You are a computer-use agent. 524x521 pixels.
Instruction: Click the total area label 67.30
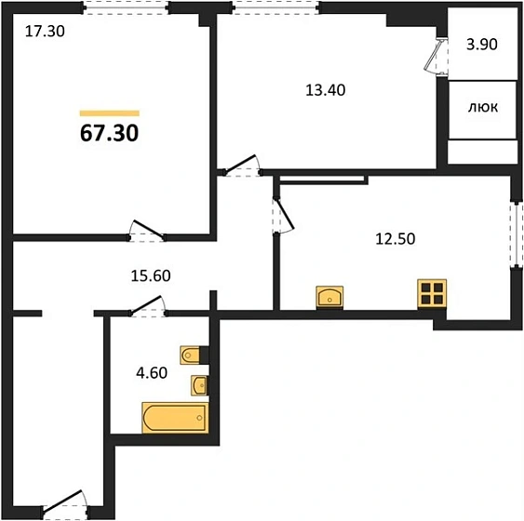109,133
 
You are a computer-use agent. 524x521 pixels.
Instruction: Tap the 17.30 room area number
45,32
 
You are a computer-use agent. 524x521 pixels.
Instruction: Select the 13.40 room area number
326,90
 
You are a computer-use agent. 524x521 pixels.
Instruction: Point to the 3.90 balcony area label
482,44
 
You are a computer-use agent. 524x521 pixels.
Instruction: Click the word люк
483,108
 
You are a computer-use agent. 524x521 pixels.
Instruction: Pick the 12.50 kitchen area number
396,239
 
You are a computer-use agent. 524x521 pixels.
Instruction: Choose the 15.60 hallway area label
151,276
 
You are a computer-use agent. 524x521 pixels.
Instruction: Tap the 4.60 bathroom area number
152,373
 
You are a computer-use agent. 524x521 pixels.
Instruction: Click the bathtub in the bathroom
175,418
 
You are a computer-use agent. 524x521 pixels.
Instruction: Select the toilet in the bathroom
190,354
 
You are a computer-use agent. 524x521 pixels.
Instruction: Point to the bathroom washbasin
199,385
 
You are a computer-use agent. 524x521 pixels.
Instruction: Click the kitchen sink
329,297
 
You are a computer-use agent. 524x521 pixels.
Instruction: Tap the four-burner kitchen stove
432,293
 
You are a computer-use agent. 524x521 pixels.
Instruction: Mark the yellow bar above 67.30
110,114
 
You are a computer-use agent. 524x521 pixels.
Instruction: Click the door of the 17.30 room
146,231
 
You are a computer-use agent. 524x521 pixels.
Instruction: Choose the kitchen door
283,216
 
